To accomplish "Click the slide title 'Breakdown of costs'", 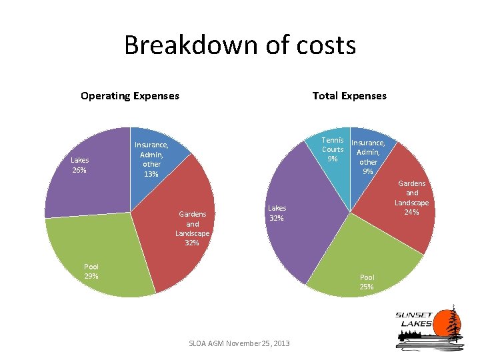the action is tap(240, 45).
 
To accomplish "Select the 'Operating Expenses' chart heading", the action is tap(130, 96).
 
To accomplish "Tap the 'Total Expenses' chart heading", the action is tap(349, 96).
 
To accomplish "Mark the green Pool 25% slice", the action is tap(364, 263).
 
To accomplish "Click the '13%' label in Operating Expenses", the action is tap(151, 174).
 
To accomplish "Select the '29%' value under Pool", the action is tap(91, 276).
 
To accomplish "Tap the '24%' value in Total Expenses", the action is tap(411, 212).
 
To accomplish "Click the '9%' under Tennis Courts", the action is tap(333, 159).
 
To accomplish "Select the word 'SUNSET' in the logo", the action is tap(413, 315).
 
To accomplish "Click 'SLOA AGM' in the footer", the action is tap(206, 343).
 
